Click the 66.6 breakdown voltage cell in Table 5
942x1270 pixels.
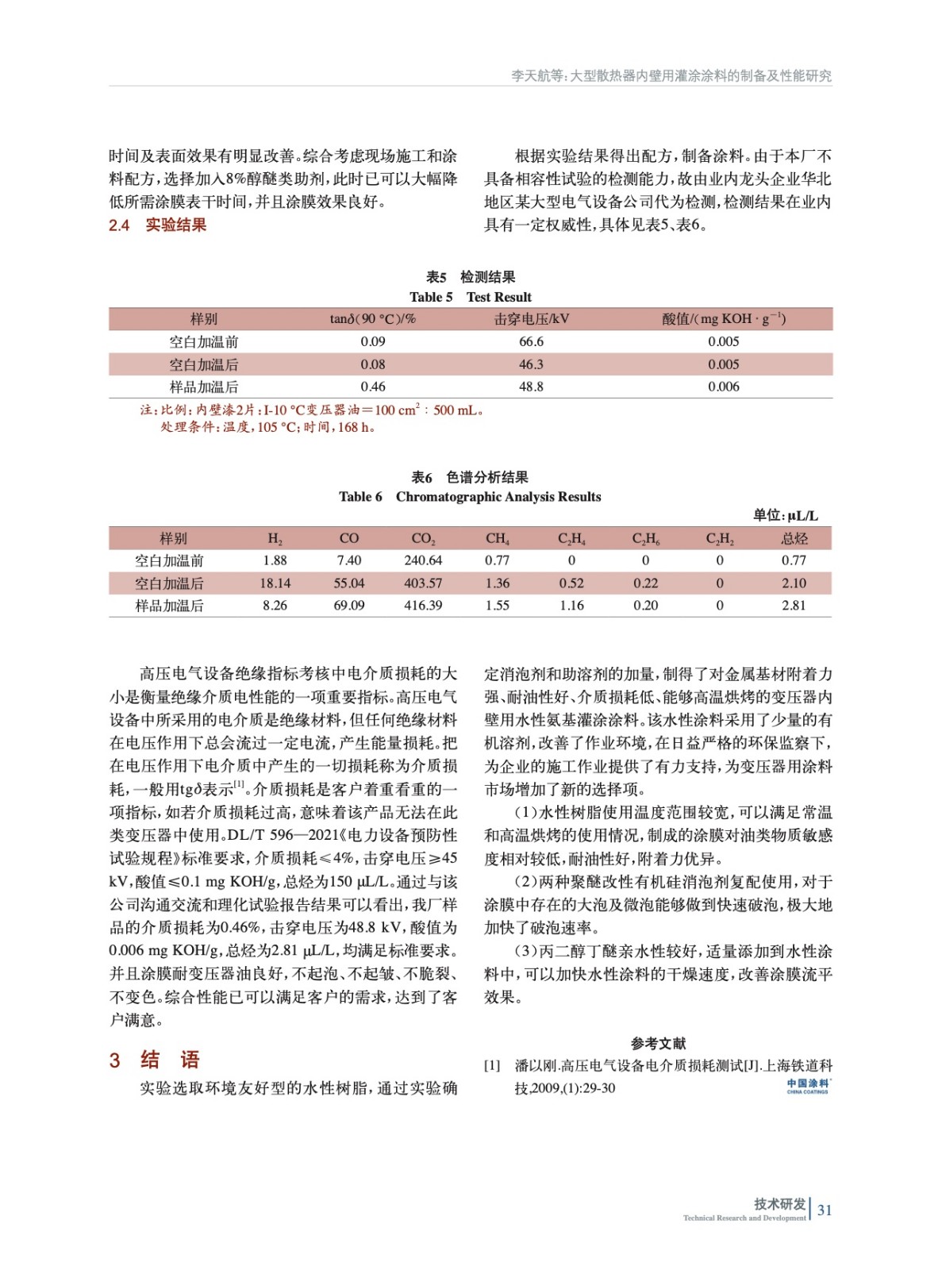[x=531, y=341]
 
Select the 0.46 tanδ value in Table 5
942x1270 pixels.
[x=372, y=387]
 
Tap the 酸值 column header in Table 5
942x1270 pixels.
[x=723, y=318]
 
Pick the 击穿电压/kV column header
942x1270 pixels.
[x=531, y=318]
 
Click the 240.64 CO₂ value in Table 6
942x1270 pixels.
[x=423, y=560]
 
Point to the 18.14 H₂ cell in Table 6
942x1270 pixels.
[x=275, y=583]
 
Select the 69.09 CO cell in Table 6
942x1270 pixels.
[x=349, y=605]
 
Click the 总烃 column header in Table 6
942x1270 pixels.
[x=794, y=538]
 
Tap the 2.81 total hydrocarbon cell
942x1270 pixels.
[x=794, y=605]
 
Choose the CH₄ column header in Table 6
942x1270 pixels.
[x=498, y=538]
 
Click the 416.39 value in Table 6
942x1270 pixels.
[x=423, y=605]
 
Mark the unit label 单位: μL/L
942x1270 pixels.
[x=785, y=515]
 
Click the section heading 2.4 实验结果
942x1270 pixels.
[x=158, y=225]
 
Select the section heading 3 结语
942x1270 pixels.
[x=155, y=1060]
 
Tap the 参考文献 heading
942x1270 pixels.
[x=658, y=1043]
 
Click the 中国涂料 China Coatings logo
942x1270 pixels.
[x=807, y=1086]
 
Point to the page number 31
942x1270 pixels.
[x=825, y=1210]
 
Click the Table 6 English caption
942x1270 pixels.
[x=470, y=497]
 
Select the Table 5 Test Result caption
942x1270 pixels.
[x=471, y=297]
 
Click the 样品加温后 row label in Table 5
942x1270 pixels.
[x=204, y=387]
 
